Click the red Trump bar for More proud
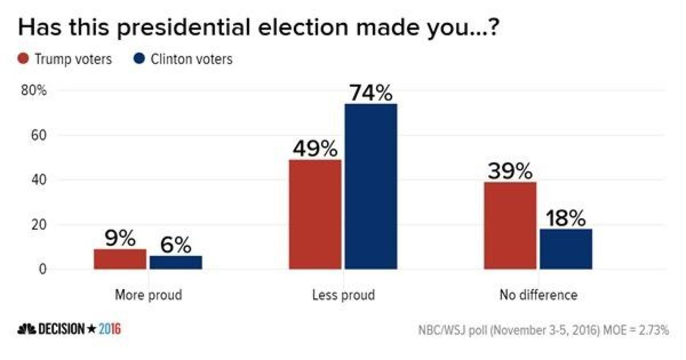tap(120, 259)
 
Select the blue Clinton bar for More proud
tap(176, 262)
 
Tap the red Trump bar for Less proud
tap(315, 214)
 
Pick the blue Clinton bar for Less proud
tap(371, 186)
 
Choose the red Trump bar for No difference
tap(510, 225)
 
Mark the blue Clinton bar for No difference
tap(566, 249)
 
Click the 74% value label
tap(371, 93)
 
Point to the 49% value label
tap(315, 149)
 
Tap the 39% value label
tap(510, 171)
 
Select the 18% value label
tap(566, 218)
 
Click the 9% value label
tap(120, 239)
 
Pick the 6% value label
tap(176, 245)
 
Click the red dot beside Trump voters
tap(23, 59)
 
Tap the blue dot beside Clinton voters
tap(139, 59)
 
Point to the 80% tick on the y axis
tap(34, 90)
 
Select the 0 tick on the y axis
tap(42, 269)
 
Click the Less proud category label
tap(343, 295)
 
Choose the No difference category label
tap(539, 295)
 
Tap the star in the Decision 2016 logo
tap(92, 329)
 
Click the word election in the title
tap(304, 27)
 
